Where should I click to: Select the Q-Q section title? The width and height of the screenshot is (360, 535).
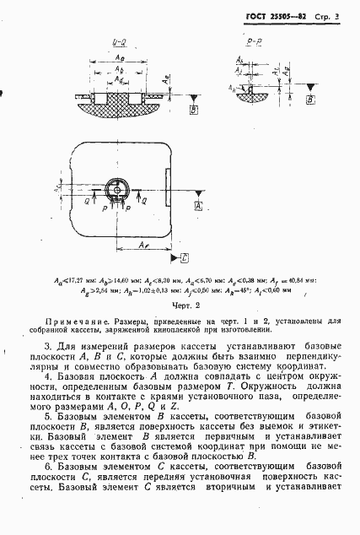[x=119, y=40]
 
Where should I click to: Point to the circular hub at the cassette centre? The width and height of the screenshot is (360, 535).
[x=117, y=188]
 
